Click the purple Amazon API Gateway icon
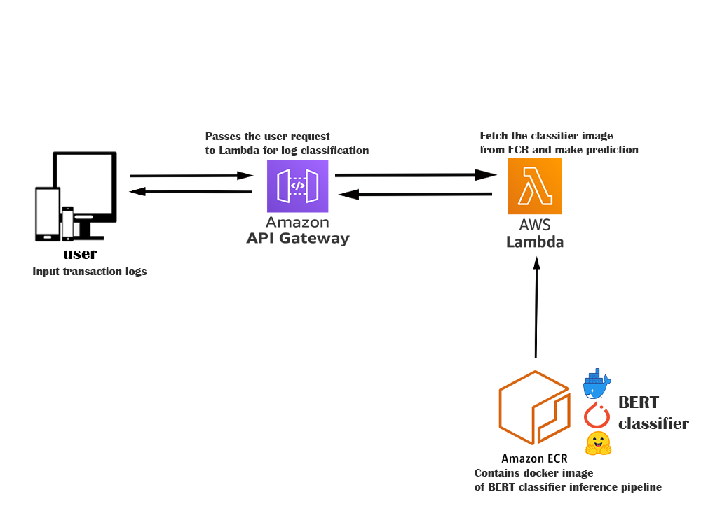297,185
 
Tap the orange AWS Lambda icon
535,186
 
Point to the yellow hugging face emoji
598,443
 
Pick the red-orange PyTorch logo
597,414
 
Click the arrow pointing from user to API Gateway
191,176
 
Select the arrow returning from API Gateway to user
191,191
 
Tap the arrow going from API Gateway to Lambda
414,174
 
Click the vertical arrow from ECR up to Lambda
536,308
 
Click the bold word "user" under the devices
80,253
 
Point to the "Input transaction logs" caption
90,272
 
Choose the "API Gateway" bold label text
297,238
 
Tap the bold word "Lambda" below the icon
535,242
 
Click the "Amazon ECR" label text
533,459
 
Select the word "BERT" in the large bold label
638,402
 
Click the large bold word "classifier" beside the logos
653,423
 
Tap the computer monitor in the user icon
86,185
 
